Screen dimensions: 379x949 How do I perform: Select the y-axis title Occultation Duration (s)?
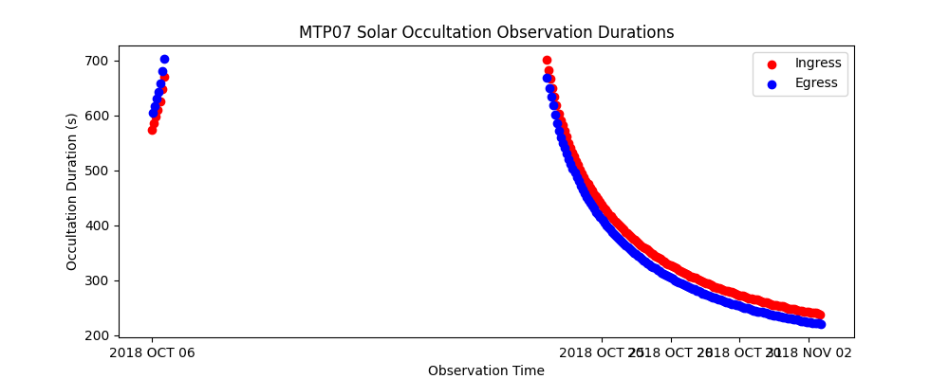tap(72, 191)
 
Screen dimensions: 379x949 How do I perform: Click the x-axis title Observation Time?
tap(486, 370)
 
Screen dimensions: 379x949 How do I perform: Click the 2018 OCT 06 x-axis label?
tap(152, 353)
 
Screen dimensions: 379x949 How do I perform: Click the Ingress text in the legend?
tap(818, 63)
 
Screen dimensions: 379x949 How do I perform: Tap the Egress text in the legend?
tap(816, 82)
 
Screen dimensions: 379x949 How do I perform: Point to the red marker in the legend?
tap(772, 64)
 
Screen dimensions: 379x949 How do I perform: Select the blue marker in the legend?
tap(772, 83)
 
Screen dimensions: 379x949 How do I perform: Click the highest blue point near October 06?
tap(164, 59)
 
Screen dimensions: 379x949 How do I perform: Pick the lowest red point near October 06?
tap(152, 130)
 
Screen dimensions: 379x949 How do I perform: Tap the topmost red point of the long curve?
tap(547, 60)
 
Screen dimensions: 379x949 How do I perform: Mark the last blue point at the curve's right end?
tap(821, 324)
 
